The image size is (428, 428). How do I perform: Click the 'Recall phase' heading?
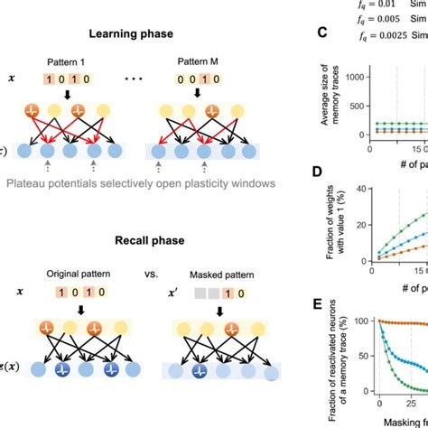144,242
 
